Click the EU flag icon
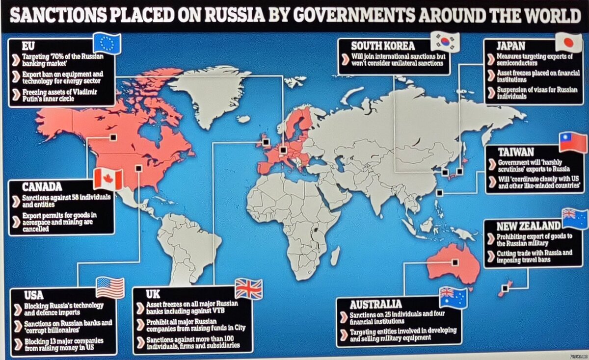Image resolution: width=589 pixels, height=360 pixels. click(x=107, y=43)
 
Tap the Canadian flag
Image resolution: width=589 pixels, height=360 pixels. click(x=108, y=179)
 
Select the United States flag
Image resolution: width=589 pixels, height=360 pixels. click(x=110, y=288)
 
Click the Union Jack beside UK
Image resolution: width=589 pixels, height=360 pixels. click(x=248, y=289)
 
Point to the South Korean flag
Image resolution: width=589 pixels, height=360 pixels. click(x=445, y=42)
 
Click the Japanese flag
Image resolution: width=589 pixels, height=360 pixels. click(x=568, y=42)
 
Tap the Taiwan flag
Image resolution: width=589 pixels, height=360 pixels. click(x=572, y=143)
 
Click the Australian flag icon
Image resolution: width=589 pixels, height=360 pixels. click(x=453, y=297)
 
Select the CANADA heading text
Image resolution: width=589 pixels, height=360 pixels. click(x=42, y=187)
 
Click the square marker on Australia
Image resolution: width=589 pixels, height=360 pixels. click(x=455, y=262)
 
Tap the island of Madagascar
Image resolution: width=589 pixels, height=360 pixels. click(x=335, y=256)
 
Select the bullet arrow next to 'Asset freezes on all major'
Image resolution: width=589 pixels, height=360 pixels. click(x=141, y=307)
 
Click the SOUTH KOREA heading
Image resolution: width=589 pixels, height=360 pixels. click(x=383, y=46)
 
